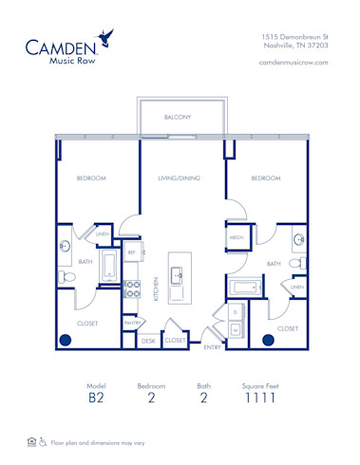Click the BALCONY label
pyautogui.click(x=178, y=118)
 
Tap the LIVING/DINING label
pyautogui.click(x=178, y=177)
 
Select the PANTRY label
pyautogui.click(x=132, y=323)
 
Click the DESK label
pyautogui.click(x=149, y=340)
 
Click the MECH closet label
pyautogui.click(x=236, y=238)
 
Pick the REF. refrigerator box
pyautogui.click(x=132, y=253)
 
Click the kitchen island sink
pyautogui.click(x=178, y=276)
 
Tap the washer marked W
pyautogui.click(x=236, y=329)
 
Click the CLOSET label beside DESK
pyautogui.click(x=176, y=340)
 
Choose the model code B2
pyautogui.click(x=97, y=400)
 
